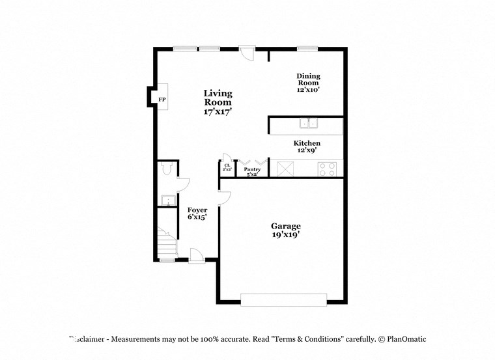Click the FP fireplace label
point(162,100)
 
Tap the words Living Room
point(218,98)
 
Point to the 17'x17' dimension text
point(218,112)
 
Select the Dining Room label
point(308,79)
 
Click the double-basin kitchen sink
point(308,123)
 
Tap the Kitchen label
point(307,143)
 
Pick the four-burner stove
point(327,169)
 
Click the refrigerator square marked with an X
point(285,169)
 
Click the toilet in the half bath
point(165,170)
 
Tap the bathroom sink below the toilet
point(166,201)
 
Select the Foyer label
point(197,210)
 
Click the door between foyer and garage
point(223,197)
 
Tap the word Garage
point(286,226)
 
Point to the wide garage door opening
point(283,299)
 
